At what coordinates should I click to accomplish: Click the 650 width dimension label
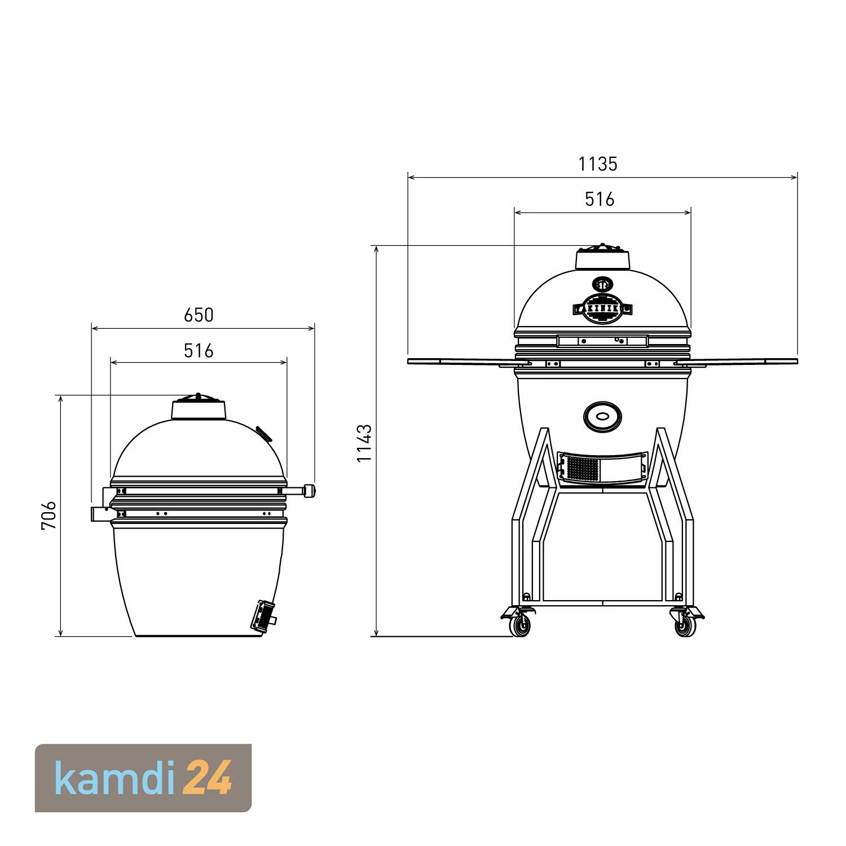199,315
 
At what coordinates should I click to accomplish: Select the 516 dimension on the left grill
199,351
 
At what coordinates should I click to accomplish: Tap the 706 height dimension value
49,514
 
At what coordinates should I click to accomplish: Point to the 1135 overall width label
598,164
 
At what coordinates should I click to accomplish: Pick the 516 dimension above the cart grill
599,199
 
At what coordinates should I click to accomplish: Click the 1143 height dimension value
364,443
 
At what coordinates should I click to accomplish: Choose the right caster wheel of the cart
685,623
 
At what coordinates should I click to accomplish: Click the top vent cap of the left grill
199,407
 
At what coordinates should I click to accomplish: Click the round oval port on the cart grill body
602,417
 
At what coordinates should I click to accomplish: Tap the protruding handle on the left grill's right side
308,491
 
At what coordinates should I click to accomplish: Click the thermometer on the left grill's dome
263,433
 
